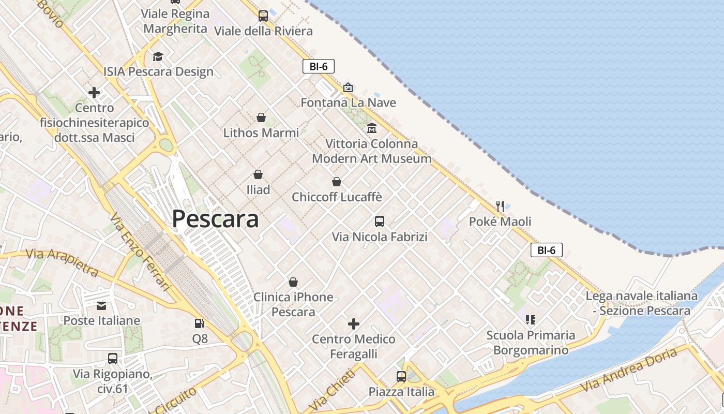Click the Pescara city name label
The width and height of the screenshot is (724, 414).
pyautogui.click(x=215, y=219)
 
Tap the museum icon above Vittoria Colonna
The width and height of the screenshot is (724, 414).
pyautogui.click(x=372, y=128)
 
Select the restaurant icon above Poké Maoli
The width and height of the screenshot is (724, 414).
pyautogui.click(x=500, y=206)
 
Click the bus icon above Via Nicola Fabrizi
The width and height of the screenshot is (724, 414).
pyautogui.click(x=380, y=221)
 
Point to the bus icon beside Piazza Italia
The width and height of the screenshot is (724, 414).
pyautogui.click(x=401, y=376)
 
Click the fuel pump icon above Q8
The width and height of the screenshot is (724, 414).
pyautogui.click(x=199, y=323)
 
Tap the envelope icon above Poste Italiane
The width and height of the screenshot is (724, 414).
pyautogui.click(x=101, y=305)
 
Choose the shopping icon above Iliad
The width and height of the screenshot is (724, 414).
pyautogui.click(x=258, y=174)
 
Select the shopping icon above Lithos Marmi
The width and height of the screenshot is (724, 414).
pyautogui.click(x=261, y=117)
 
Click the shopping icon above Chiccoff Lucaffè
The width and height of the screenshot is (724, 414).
pyautogui.click(x=337, y=182)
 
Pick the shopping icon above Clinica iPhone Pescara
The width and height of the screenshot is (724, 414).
pyautogui.click(x=293, y=282)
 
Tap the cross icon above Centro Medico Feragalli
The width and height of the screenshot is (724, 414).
pyautogui.click(x=354, y=324)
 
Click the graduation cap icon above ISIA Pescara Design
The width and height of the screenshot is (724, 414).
pyautogui.click(x=158, y=56)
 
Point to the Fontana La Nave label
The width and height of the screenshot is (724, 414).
pyautogui.click(x=349, y=102)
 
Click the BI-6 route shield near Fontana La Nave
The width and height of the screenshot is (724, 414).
pyautogui.click(x=319, y=66)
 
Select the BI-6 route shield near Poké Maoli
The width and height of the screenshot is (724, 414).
pyautogui.click(x=547, y=250)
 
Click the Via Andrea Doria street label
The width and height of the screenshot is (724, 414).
pyautogui.click(x=628, y=370)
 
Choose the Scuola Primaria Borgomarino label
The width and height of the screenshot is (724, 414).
pyautogui.click(x=531, y=343)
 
